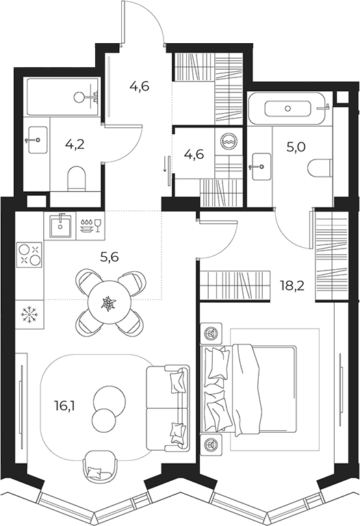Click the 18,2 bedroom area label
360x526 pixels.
point(292,286)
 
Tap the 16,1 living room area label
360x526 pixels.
point(64,406)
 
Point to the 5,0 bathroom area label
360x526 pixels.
point(296,147)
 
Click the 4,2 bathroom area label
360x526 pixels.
point(75,145)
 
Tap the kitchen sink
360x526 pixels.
point(61,226)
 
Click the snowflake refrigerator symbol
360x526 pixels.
point(29,314)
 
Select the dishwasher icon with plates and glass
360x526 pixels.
point(90,225)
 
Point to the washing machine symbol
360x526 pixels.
point(229,141)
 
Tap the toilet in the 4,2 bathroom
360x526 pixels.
point(77,179)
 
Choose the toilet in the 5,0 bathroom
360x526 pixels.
point(320,167)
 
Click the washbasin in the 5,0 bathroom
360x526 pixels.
point(260,166)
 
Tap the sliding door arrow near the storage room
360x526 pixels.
point(165,164)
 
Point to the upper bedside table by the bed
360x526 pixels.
point(211,334)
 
